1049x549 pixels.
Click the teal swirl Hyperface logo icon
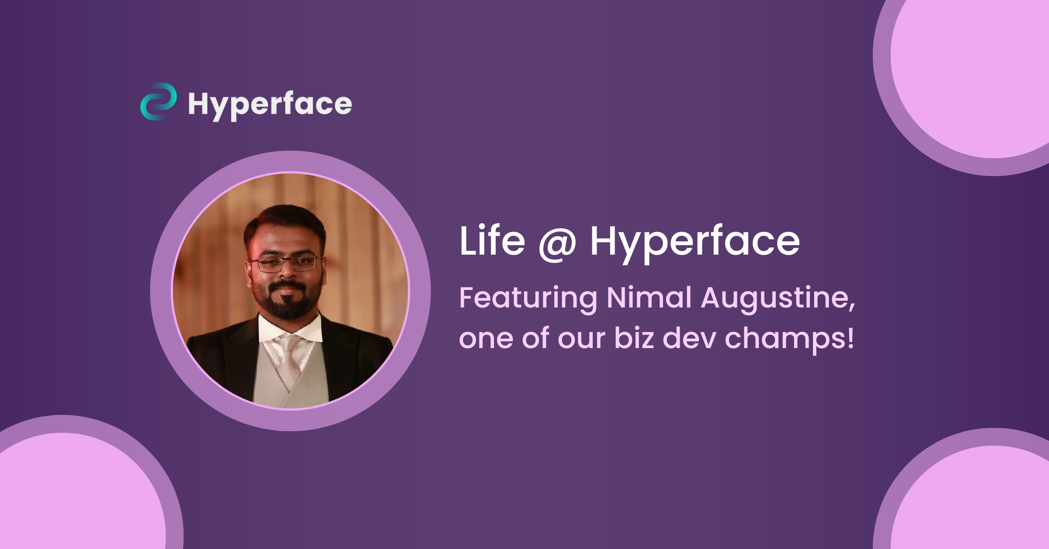click(x=158, y=101)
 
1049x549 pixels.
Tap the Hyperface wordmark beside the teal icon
click(x=270, y=105)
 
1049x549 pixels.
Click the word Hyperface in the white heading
click(x=695, y=241)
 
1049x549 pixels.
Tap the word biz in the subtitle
click(x=634, y=338)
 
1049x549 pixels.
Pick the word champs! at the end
click(x=789, y=339)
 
